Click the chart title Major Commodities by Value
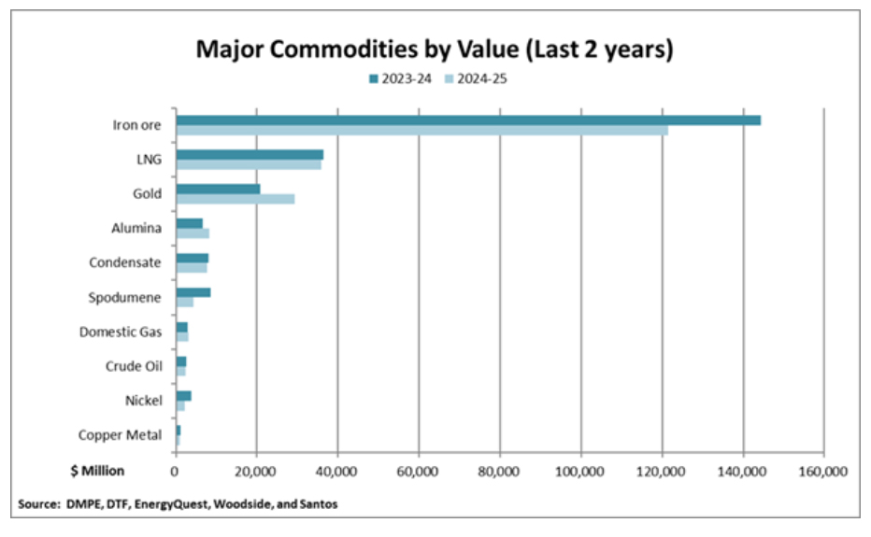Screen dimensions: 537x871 click(x=435, y=49)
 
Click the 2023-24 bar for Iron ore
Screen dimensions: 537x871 click(x=467, y=120)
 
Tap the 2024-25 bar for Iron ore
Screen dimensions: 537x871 click(x=421, y=130)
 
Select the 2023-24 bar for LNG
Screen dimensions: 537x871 click(x=250, y=154)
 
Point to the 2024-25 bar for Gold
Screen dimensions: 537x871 click(x=235, y=199)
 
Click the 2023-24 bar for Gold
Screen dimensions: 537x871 click(x=218, y=189)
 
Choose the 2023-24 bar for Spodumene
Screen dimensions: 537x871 click(x=193, y=292)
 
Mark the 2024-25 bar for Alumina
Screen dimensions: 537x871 click(x=193, y=233)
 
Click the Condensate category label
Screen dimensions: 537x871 click(x=125, y=262)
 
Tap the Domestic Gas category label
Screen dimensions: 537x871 click(x=121, y=332)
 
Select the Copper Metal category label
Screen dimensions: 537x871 click(x=120, y=434)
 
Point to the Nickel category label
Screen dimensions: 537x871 click(x=143, y=401)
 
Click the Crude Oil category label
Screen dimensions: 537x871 click(x=134, y=366)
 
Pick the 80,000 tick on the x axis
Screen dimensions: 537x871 click(x=500, y=471)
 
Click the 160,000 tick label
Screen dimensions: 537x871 click(x=823, y=471)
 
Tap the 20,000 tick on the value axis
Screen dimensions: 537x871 click(x=256, y=471)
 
